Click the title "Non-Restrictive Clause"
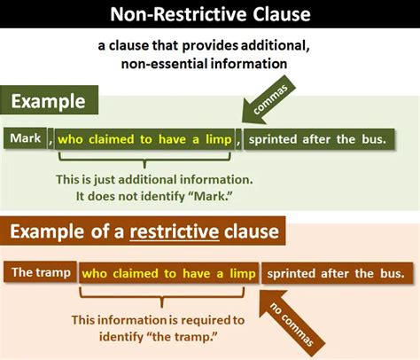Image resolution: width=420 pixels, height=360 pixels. [x=210, y=14]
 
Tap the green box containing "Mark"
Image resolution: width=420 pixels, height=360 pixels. [x=25, y=138]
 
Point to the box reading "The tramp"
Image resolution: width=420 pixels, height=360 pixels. [x=40, y=272]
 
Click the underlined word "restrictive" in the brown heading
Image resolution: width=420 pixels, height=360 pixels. [x=175, y=231]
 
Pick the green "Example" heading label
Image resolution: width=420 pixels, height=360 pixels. [x=49, y=100]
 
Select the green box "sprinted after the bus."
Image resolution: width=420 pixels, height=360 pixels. [x=319, y=139]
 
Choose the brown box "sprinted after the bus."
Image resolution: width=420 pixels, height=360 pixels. [x=337, y=273]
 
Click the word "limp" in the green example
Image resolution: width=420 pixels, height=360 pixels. [x=218, y=139]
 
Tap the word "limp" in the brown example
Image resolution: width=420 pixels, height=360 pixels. [x=243, y=273]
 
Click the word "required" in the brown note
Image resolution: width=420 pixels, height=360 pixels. [x=203, y=320]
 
